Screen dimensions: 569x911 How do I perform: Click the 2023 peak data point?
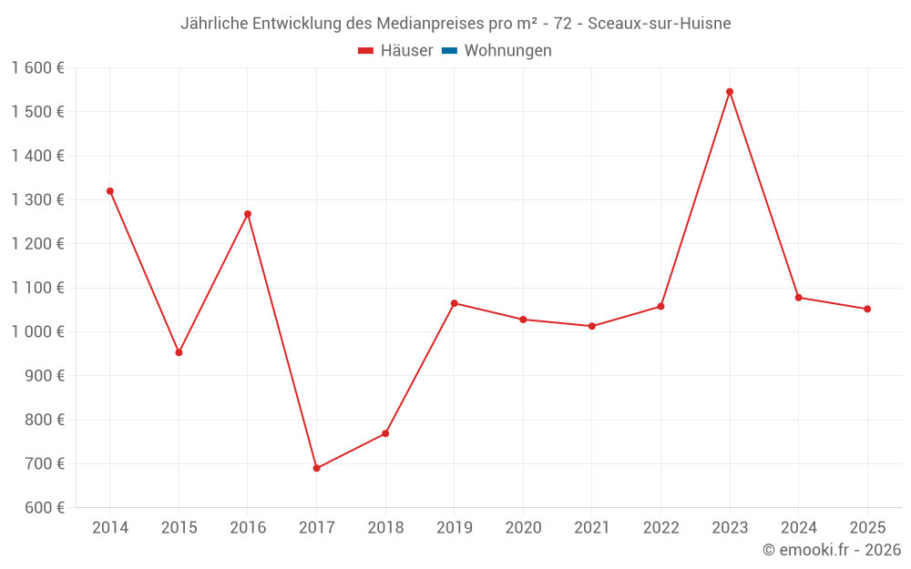tap(730, 92)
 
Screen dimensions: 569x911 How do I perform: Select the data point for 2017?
tap(316, 468)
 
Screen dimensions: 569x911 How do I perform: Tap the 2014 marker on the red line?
tap(110, 191)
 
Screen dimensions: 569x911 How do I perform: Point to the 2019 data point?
tap(455, 303)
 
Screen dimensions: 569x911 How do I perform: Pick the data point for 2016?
tap(248, 214)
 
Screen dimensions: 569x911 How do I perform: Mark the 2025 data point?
tap(867, 309)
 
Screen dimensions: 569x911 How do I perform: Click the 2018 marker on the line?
tap(385, 433)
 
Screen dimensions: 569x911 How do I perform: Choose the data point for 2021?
tap(592, 326)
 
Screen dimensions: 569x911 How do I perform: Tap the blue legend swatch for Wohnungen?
tap(449, 51)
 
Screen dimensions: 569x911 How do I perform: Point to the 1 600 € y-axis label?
tap(38, 68)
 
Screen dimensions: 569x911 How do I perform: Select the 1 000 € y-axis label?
tap(38, 332)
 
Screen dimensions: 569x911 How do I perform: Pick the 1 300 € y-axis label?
tap(38, 200)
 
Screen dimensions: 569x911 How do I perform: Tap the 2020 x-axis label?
tap(523, 528)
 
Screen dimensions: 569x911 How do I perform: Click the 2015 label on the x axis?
tap(179, 528)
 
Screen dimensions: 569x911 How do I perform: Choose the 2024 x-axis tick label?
tap(798, 528)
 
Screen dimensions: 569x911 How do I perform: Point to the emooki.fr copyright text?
tap(832, 550)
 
